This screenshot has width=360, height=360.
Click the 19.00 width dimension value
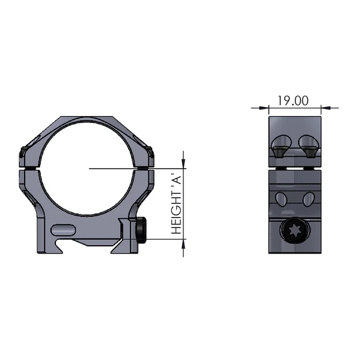tap(294, 100)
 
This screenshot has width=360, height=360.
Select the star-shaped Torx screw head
tap(294, 231)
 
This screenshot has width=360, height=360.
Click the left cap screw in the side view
tap(279, 145)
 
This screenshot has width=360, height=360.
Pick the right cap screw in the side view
tap(309, 145)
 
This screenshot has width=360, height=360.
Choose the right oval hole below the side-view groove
tap(308, 198)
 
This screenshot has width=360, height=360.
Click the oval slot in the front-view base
tap(63, 229)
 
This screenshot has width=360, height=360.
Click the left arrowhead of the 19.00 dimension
tap(264, 109)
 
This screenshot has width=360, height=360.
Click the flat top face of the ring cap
tap(88, 118)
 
